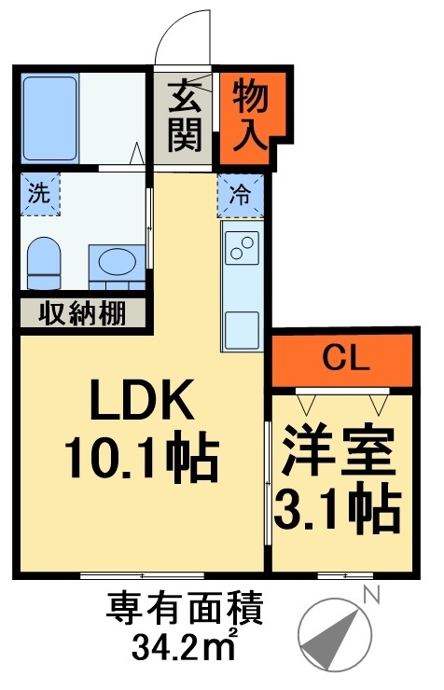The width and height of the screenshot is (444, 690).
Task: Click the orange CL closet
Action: (341, 357)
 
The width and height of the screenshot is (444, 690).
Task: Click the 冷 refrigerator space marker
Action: (241, 198)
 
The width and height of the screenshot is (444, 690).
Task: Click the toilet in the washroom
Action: (42, 263)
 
